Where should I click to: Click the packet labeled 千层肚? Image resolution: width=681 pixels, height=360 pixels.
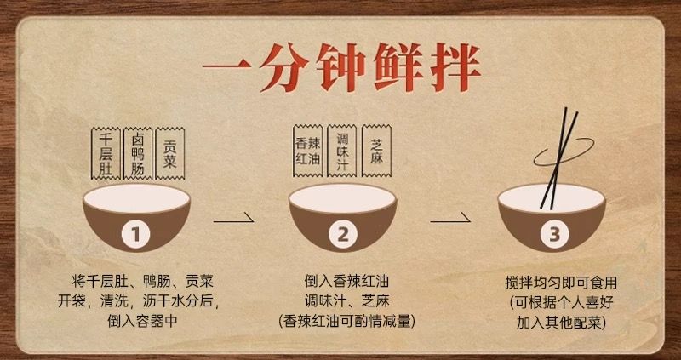pos(106,153)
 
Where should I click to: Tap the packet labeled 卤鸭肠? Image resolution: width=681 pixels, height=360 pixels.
pos(138,153)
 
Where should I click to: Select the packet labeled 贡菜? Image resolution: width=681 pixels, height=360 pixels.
pos(169,153)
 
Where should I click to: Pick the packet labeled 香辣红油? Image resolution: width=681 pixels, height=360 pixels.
pos(307,151)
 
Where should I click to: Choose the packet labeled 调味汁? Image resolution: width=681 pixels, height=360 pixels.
pos(342,151)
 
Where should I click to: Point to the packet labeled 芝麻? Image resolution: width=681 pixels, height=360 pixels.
pos(376,151)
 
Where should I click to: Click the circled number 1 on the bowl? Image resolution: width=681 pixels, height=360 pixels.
pos(135,235)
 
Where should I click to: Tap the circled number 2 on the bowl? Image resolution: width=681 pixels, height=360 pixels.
pos(343,235)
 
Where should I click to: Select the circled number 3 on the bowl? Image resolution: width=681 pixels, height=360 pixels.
pos(555,235)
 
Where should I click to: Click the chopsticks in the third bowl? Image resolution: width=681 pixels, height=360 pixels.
pos(559,159)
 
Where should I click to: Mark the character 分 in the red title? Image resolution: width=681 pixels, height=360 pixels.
pos(279,67)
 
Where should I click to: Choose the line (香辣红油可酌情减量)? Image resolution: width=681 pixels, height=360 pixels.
pos(346,322)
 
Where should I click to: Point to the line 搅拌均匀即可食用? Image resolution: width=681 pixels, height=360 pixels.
pos(561,283)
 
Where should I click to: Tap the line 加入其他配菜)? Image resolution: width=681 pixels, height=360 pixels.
pos(561,322)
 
